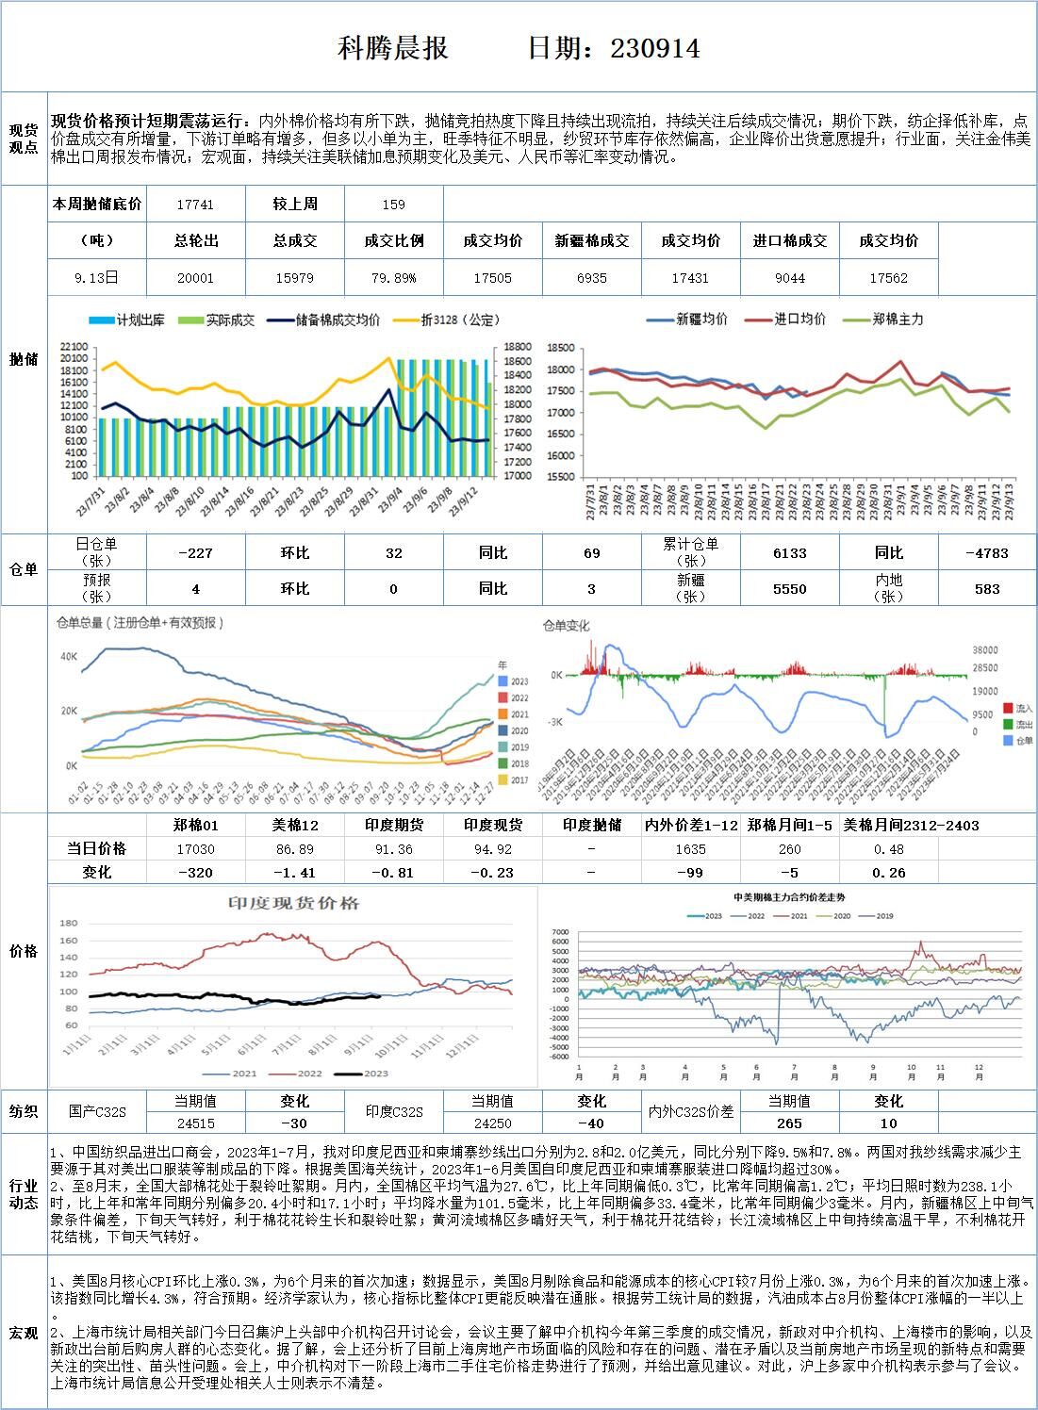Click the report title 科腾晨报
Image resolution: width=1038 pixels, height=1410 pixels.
point(392,48)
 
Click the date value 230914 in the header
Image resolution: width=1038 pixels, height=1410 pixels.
point(655,48)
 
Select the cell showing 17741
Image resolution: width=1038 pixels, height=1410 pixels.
point(195,204)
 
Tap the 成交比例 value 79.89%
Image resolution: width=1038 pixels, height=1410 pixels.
point(393,278)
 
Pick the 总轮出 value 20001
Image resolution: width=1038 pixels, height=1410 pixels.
point(195,278)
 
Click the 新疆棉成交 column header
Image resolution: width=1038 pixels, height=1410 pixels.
point(592,241)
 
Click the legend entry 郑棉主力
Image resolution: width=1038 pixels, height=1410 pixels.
point(896,320)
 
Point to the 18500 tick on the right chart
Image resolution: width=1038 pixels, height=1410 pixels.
point(561,348)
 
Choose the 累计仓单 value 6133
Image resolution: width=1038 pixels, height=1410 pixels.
point(789,553)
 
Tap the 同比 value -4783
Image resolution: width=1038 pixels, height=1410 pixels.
point(987,553)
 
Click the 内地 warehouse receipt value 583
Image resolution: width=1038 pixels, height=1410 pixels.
point(987,588)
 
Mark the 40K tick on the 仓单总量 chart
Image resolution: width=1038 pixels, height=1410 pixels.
point(68,656)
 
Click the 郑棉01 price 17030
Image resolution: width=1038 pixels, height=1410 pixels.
point(195,849)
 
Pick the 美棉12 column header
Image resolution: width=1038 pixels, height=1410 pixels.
point(295,826)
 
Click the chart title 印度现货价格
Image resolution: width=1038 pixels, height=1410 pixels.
point(294,903)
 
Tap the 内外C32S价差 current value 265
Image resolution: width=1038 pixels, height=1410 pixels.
point(789,1123)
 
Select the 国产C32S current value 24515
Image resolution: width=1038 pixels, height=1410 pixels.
point(195,1123)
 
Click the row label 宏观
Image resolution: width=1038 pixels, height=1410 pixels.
point(24,1333)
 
